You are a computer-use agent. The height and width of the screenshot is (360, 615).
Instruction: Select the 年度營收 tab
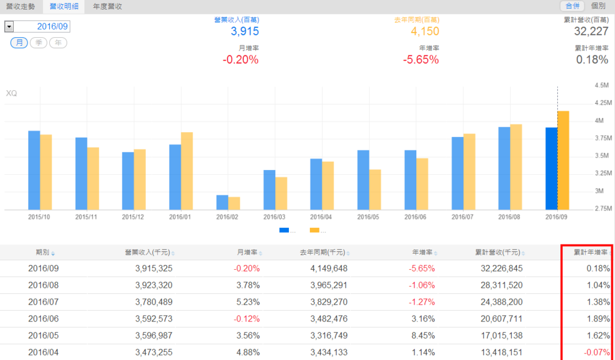108,7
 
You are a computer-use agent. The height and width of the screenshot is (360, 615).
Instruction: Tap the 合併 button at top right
572,6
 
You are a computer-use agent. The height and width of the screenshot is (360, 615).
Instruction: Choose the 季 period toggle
38,43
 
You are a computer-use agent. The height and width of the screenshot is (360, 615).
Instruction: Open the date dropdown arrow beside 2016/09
9,27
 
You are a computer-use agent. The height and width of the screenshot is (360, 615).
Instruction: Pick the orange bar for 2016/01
187,171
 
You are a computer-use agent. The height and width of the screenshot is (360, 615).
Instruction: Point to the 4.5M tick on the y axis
601,85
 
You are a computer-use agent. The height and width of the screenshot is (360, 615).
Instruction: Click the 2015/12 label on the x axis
132,216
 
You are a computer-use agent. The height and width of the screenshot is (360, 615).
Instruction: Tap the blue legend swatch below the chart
284,230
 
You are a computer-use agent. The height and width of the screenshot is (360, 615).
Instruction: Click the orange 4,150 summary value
425,31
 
